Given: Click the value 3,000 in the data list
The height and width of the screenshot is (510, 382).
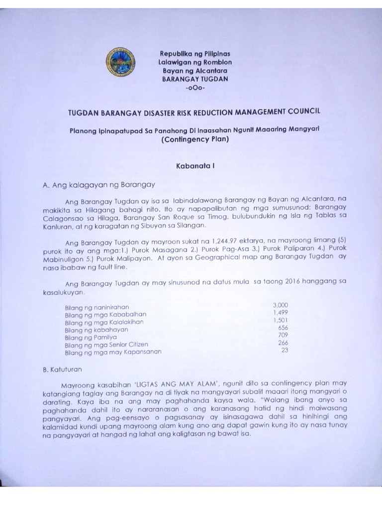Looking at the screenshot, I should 281,304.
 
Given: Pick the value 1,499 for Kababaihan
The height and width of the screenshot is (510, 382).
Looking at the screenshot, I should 281,312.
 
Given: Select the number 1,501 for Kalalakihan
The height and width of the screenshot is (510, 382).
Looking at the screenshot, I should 281,320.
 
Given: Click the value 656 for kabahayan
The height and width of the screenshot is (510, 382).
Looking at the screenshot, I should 283,328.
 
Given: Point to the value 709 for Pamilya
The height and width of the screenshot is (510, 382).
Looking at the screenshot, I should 283,335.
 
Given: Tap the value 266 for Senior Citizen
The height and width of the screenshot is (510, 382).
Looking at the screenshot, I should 283,343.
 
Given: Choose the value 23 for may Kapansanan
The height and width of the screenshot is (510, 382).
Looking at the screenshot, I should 285,350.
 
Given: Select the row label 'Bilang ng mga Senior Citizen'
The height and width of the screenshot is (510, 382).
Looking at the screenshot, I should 106,345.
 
